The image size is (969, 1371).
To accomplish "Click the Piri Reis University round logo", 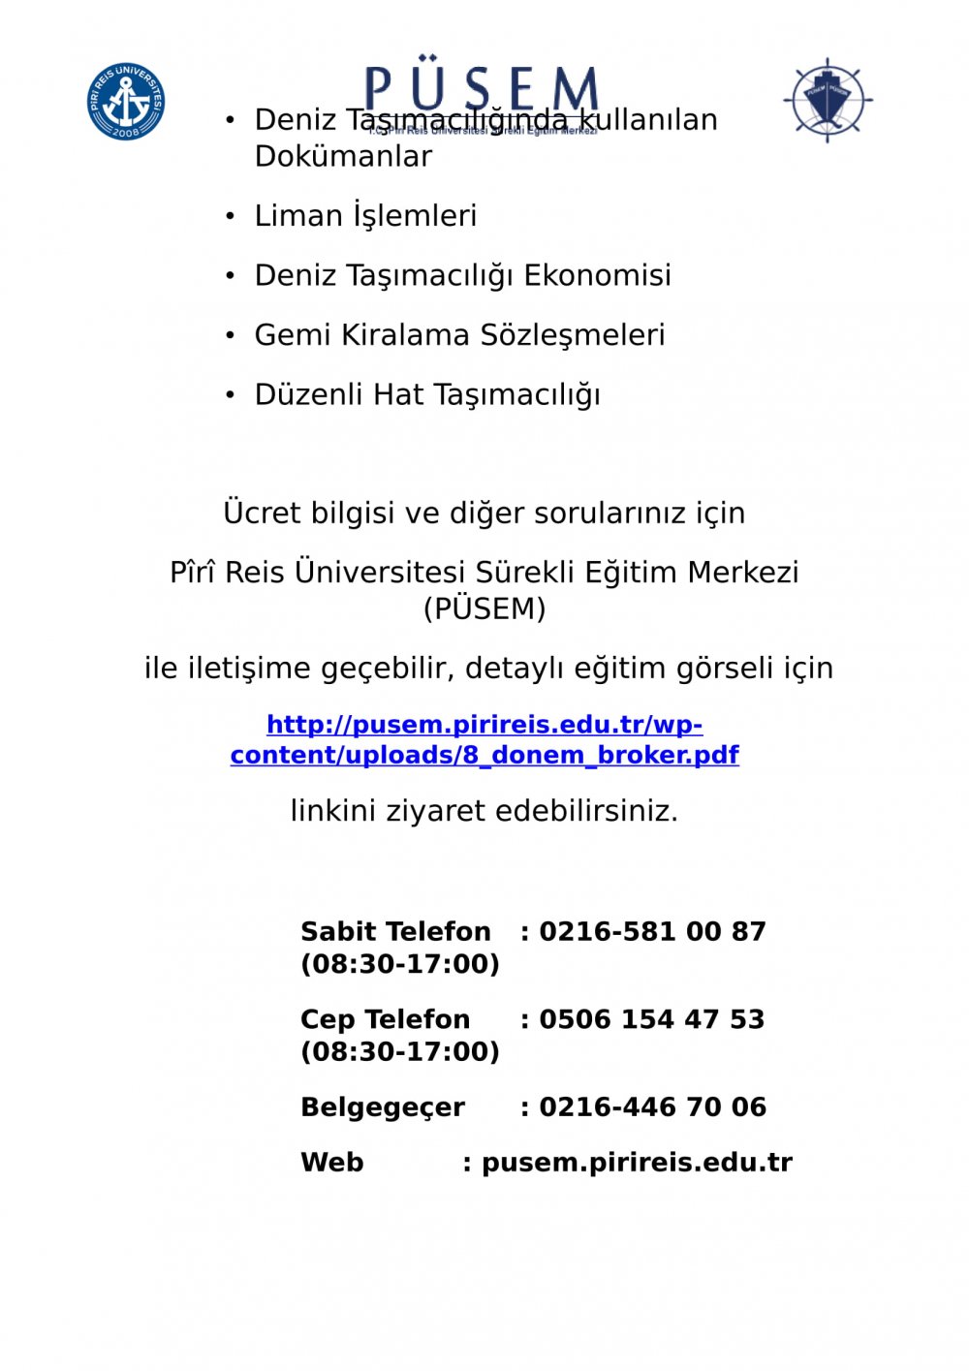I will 126,101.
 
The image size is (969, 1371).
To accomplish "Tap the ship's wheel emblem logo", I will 828,100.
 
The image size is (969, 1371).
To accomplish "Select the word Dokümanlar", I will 343,156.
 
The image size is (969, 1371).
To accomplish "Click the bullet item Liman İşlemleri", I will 365,216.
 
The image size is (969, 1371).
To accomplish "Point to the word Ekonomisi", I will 597,276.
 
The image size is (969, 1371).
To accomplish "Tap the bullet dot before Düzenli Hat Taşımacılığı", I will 230,395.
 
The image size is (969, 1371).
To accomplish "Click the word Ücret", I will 262,513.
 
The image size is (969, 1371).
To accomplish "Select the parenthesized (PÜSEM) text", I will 484,608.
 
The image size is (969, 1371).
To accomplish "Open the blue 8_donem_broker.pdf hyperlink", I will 484,740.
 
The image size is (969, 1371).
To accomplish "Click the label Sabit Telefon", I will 395,932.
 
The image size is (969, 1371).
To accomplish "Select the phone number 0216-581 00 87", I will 652,932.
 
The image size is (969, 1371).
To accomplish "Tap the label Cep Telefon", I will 385,1019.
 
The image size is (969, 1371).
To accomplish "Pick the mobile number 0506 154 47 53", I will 651,1019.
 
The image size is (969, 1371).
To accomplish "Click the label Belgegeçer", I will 383,1106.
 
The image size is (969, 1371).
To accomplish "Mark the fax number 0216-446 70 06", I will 652,1106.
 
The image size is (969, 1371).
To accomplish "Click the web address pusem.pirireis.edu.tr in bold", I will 637,1163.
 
